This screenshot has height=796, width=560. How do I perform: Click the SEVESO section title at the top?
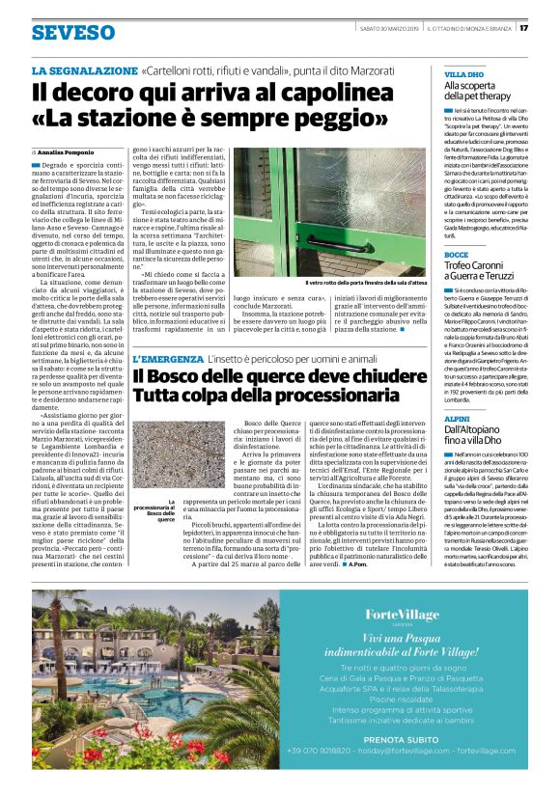click(72, 32)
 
